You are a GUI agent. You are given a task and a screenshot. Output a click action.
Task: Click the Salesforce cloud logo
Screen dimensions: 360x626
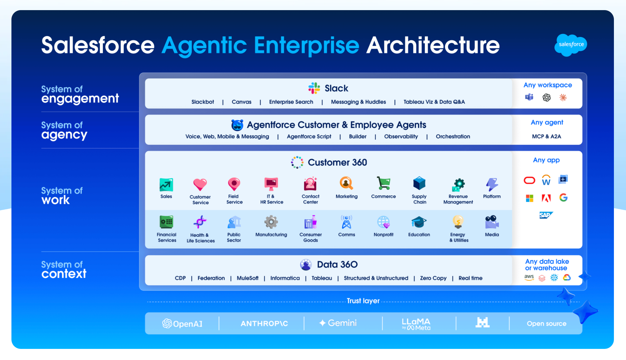571,45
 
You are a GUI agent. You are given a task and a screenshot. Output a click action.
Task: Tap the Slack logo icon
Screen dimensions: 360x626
314,88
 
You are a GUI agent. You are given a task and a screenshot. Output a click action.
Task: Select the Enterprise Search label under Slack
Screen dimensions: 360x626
291,102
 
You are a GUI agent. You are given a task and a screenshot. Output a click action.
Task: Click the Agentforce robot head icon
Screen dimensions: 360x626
237,125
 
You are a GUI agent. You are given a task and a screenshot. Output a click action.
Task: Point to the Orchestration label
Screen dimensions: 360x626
453,137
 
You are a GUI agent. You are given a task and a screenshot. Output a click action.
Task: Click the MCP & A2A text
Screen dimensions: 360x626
546,137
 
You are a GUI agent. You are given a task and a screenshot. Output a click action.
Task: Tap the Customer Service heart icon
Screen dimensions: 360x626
200,184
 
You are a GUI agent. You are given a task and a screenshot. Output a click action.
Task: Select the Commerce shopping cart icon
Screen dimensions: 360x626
383,183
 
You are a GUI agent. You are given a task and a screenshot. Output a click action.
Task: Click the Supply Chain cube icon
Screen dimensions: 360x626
419,183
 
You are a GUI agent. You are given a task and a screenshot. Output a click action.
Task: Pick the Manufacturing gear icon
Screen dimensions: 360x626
271,222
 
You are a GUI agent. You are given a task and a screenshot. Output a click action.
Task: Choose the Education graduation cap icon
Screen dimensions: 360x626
419,222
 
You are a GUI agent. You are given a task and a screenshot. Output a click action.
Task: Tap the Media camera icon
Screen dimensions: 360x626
492,222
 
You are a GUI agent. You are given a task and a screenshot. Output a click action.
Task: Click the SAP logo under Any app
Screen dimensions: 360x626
546,215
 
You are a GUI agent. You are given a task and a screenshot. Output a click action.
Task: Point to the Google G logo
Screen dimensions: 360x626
563,198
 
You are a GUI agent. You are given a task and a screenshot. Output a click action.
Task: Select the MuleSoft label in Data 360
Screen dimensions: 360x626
247,278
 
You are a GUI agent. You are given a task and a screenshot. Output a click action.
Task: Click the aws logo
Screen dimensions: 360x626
529,277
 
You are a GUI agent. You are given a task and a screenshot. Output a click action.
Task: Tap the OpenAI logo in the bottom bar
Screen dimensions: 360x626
182,323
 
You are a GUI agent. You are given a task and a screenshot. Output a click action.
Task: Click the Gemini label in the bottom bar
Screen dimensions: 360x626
338,323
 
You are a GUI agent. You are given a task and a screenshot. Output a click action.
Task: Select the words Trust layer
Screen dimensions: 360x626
363,301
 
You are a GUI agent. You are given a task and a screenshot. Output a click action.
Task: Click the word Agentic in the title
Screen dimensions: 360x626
204,45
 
